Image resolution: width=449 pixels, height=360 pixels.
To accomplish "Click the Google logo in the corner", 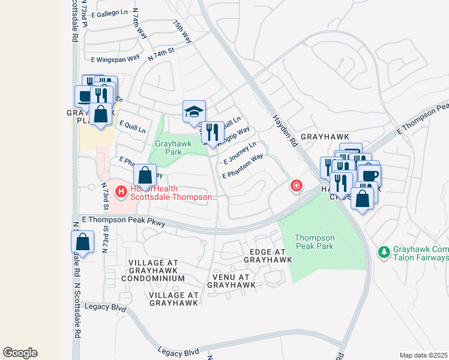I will pos(20,353).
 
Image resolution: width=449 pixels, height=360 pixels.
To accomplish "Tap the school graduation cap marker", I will pos(194,112).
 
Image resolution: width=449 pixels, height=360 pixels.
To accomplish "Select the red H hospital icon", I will pos(121,192).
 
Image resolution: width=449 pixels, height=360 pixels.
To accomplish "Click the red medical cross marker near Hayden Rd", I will pos(295,187).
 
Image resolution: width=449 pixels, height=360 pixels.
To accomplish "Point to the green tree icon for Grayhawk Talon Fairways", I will pos(384,252).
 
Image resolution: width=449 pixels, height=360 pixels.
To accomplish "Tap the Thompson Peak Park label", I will pos(315,242).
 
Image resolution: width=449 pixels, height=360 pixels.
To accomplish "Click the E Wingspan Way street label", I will pos(115,59).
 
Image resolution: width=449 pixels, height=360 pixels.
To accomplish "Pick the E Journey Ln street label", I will pos(240,153).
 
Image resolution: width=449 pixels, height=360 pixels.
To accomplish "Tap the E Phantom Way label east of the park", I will pos(243,166).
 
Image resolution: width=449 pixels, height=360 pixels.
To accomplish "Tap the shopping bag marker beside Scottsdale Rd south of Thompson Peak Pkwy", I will pos(83,242).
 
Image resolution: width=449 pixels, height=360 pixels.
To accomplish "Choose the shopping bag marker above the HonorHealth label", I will pos(145,176).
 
